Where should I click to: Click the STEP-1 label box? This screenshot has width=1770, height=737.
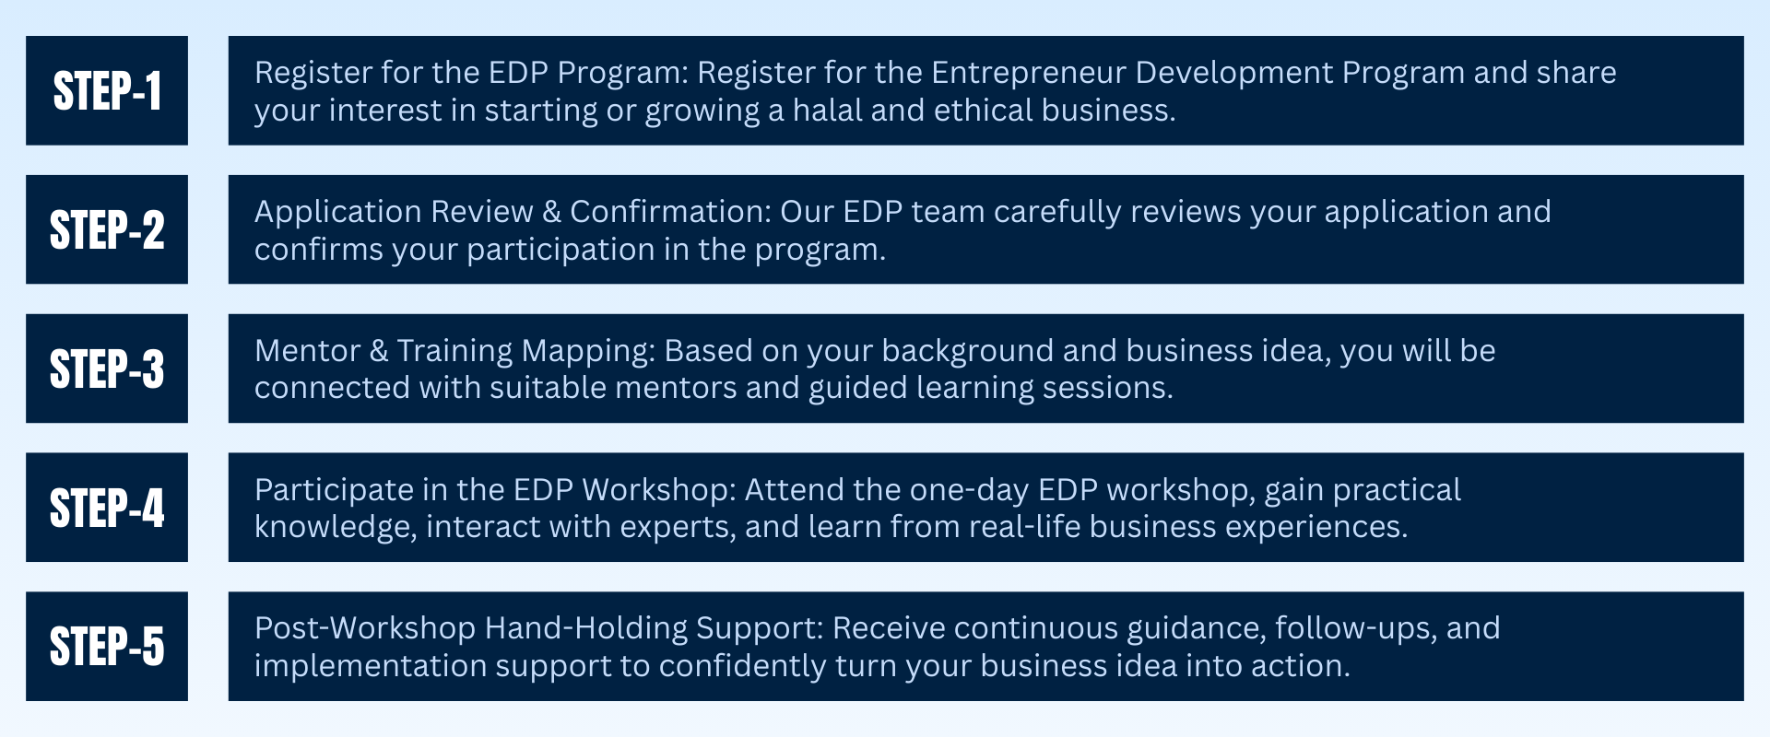(x=107, y=90)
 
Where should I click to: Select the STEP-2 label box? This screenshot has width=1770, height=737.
(x=107, y=229)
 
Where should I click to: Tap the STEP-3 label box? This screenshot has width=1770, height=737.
(x=107, y=368)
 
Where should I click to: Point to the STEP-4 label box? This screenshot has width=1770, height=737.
(x=107, y=508)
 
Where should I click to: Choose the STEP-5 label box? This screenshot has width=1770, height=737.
(x=107, y=646)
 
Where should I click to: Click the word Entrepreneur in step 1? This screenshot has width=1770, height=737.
(x=1029, y=73)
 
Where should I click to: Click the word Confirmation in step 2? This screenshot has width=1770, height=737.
(x=670, y=212)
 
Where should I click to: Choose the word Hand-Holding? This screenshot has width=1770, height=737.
(x=586, y=628)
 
